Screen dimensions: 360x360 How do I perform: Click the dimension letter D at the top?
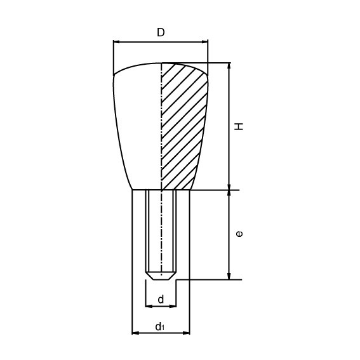point(161,32)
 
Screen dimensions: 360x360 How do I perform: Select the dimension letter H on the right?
point(239,126)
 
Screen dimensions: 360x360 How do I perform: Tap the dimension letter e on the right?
point(239,234)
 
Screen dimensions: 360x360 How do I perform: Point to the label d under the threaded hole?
point(161,298)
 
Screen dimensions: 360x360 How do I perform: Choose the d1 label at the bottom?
point(161,327)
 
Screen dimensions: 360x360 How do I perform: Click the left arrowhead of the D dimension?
point(116,43)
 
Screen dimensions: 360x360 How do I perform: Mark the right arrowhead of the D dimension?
point(205,43)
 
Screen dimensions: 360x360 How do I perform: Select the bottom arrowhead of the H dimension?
point(229,187)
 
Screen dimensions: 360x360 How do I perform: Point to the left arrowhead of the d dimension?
point(149,306)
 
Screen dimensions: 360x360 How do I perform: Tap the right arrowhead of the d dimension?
point(173,306)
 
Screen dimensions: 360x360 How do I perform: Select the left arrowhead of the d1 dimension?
point(135,332)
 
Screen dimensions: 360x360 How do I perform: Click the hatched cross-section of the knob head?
point(184,127)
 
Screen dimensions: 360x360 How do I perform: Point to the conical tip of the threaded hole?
point(161,276)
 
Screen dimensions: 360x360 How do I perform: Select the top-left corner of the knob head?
point(114,76)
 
